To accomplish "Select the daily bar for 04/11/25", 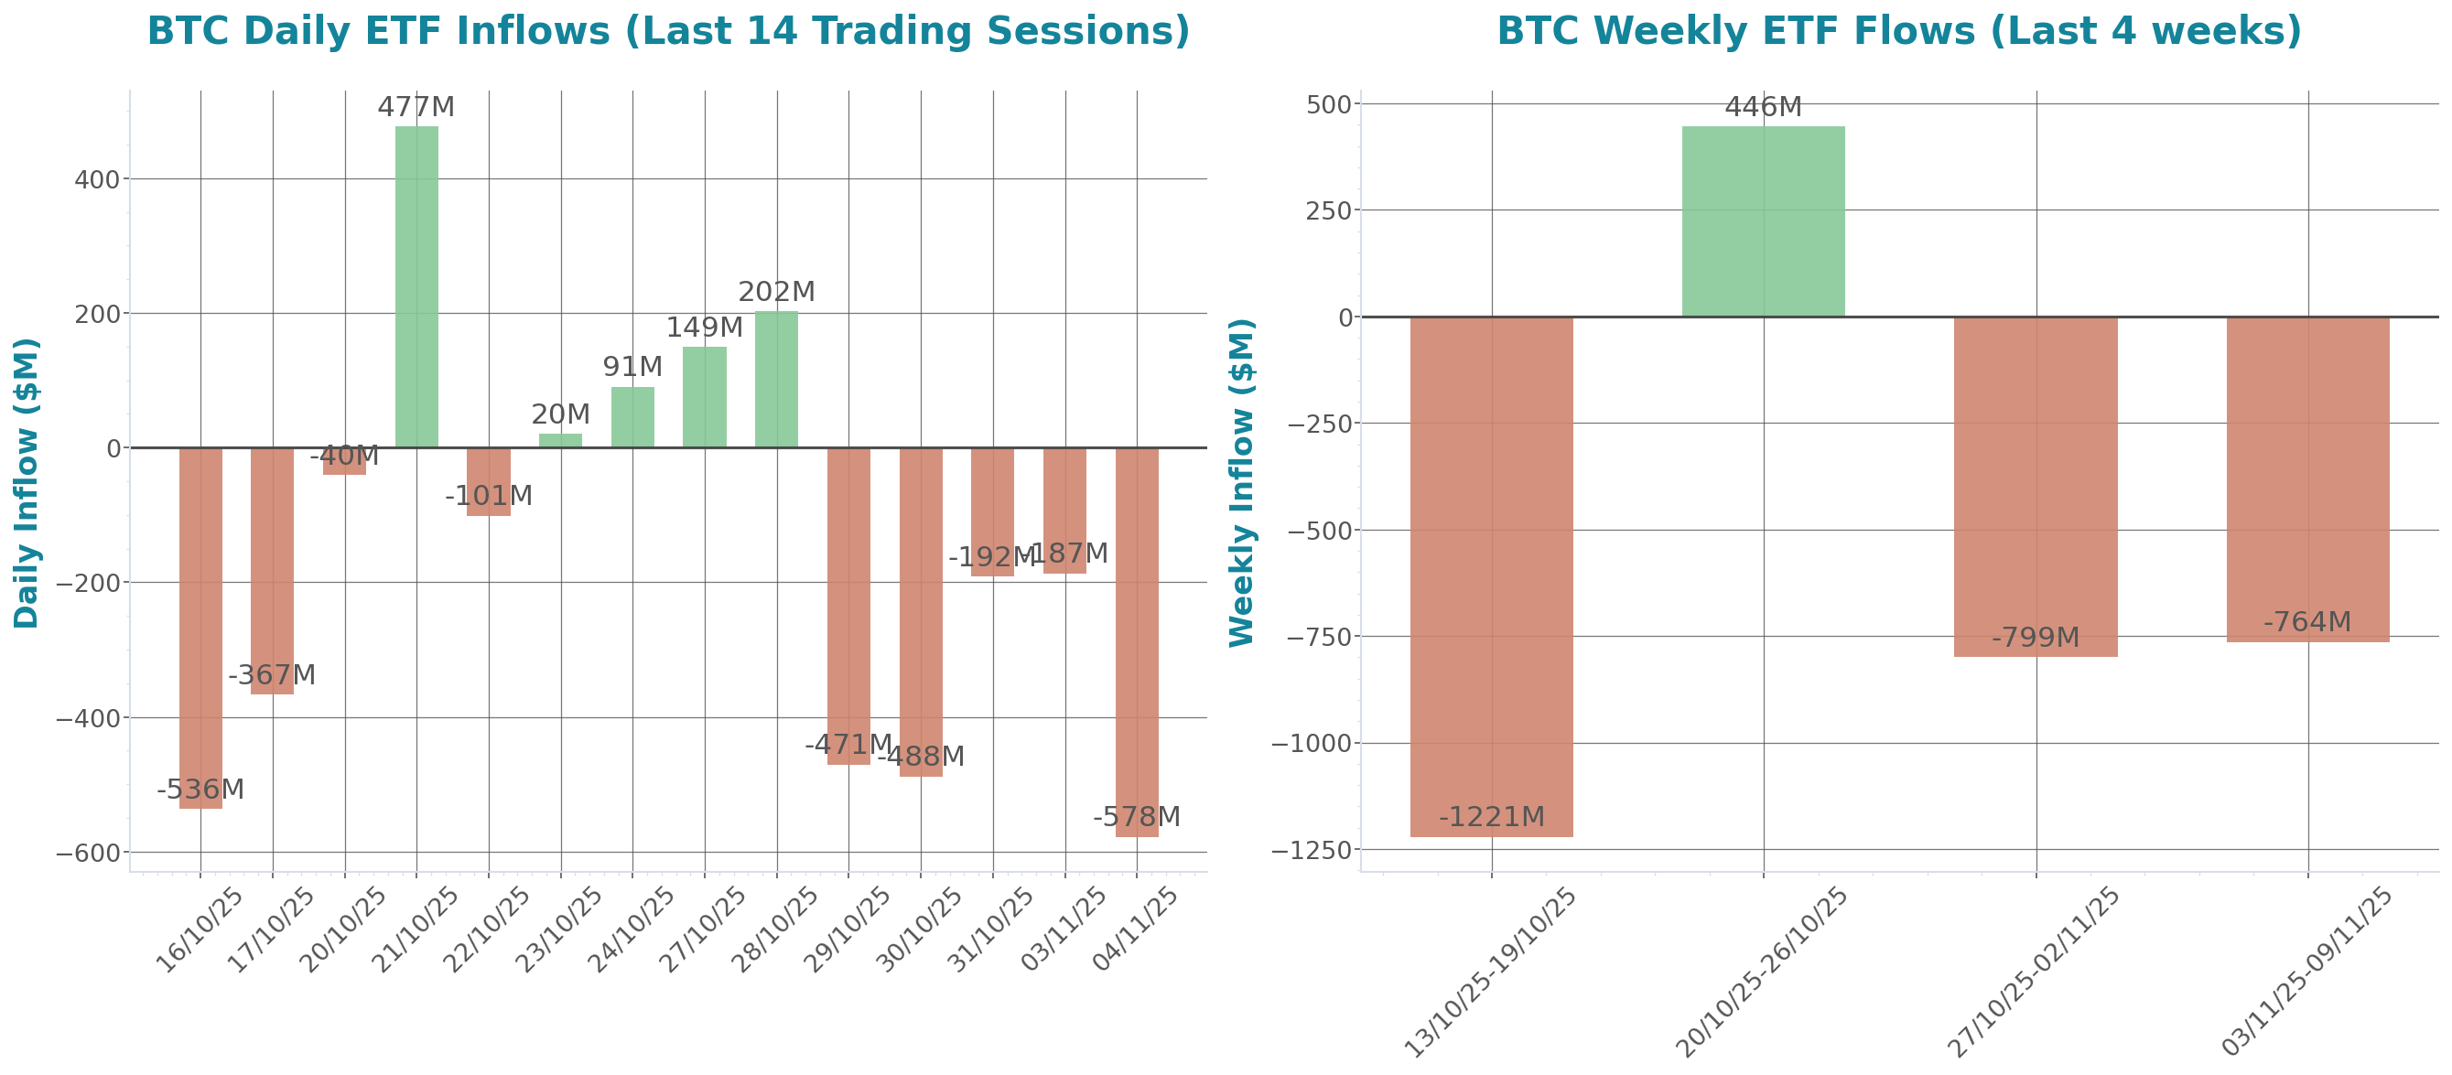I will tap(1137, 642).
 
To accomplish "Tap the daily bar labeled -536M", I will tap(200, 628).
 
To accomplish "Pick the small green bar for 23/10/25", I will tap(561, 440).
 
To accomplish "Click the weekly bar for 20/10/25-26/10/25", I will tap(1763, 220).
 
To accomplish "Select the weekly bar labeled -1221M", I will tap(1491, 575).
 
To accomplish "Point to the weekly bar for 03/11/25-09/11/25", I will tap(2308, 479).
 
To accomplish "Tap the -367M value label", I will tap(271, 675).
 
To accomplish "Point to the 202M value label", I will tap(777, 292).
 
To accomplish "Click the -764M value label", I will tap(2307, 622).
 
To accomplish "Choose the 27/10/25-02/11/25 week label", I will tap(2034, 972).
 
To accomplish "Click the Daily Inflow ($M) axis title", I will tap(27, 482).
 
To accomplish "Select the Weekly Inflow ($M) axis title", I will tap(1242, 482).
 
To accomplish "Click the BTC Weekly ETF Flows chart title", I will tap(1899, 30).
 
